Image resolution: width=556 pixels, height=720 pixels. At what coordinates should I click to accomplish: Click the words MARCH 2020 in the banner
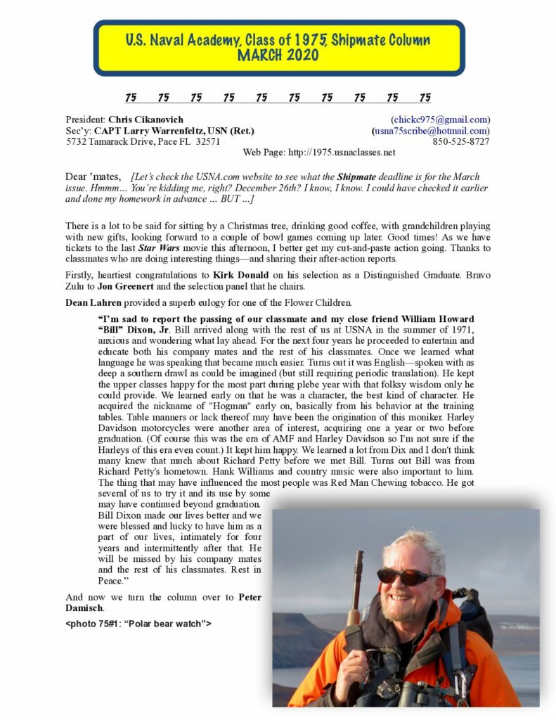point(278,56)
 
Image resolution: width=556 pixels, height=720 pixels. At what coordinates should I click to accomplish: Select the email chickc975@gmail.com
point(441,120)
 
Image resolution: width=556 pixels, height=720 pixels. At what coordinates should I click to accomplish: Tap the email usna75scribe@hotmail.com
point(431,131)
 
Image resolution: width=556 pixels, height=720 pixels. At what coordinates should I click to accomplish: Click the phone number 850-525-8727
point(461,141)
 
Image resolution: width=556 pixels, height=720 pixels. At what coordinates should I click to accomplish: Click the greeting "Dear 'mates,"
point(93,177)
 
